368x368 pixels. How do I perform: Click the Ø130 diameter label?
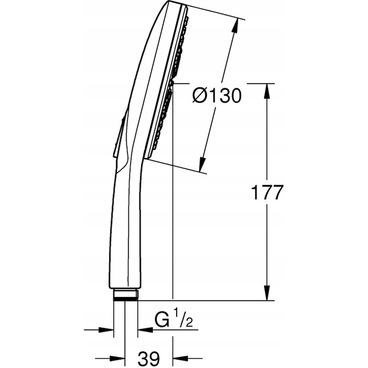click(217, 96)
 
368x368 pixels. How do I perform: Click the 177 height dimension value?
click(267, 192)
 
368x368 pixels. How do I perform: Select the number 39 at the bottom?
click(149, 359)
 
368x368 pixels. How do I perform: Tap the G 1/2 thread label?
click(173, 319)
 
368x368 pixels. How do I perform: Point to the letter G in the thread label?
click(162, 319)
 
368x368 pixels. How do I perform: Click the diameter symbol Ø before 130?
click(199, 96)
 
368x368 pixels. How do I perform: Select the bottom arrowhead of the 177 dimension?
click(267, 293)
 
